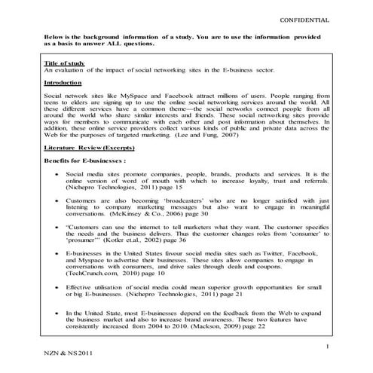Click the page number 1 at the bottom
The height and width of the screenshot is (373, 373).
tap(328, 346)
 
